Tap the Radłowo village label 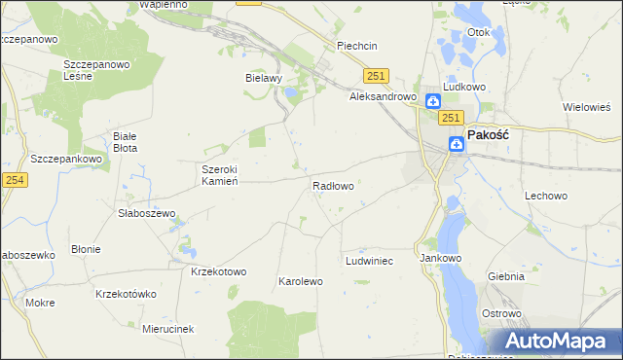click(x=332, y=185)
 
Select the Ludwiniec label click(x=369, y=262)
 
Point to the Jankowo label click(x=439, y=259)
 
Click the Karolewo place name click(x=301, y=281)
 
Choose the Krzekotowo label click(x=219, y=271)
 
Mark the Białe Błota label click(x=126, y=142)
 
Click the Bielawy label click(x=264, y=78)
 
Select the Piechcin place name click(x=356, y=46)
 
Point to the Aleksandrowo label click(x=384, y=97)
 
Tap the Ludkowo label click(x=464, y=87)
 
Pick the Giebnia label click(x=506, y=276)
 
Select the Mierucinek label click(x=167, y=329)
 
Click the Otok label click(x=478, y=32)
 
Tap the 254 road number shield click(x=14, y=179)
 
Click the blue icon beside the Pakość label click(x=457, y=144)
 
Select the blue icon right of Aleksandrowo click(x=433, y=99)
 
